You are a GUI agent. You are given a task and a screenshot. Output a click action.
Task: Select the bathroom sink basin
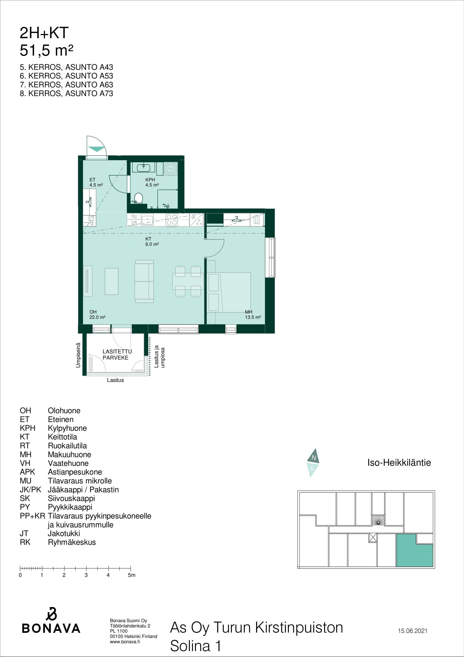[143, 167]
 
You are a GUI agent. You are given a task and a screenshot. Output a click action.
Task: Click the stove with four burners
[172, 220]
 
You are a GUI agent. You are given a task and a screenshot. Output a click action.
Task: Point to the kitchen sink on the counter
[147, 220]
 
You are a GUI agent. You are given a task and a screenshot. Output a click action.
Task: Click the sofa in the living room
[144, 281]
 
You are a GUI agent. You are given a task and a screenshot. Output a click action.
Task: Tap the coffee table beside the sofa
[111, 281]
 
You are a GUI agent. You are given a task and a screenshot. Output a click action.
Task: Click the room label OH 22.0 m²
[97, 315]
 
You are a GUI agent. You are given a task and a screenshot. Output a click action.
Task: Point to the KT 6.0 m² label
[152, 242]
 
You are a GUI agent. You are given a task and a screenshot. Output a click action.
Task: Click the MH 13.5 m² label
[253, 315]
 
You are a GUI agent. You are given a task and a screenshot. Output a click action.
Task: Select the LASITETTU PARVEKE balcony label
[117, 354]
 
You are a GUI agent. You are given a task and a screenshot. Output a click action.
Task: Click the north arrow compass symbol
[313, 463]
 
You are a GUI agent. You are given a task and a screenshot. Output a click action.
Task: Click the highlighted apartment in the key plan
[415, 550]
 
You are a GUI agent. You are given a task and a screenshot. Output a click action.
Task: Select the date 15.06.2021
[413, 631]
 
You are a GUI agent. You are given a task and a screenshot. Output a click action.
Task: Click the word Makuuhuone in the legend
[69, 454]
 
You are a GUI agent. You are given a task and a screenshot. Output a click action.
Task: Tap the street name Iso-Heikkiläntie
[399, 462]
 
